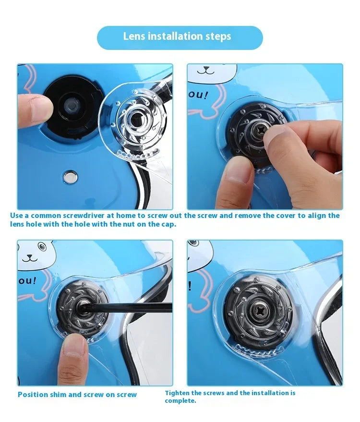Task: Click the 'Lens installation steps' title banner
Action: [x=180, y=37]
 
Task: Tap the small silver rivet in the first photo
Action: [x=70, y=177]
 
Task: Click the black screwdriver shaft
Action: [x=126, y=307]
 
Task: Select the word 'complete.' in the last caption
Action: [x=180, y=401]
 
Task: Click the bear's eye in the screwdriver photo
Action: [x=41, y=246]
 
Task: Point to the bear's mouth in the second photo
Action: [x=206, y=71]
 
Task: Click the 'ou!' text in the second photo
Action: [x=198, y=95]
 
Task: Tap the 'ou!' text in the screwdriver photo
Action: [x=27, y=281]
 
